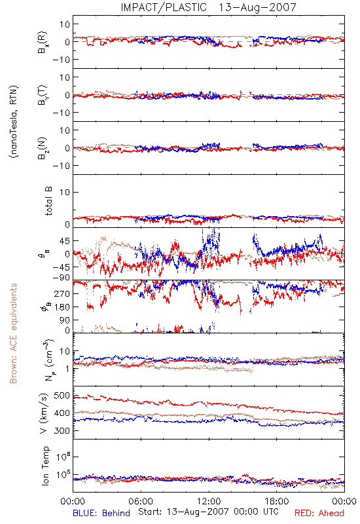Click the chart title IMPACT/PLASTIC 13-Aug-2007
click(208, 7)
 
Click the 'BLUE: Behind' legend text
click(101, 513)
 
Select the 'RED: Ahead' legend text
click(319, 513)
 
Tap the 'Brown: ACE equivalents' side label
click(13, 333)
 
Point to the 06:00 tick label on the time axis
click(141, 501)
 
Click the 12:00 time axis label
click(209, 501)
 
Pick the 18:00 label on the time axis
click(277, 501)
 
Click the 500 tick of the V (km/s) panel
click(62, 396)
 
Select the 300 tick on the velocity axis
click(62, 430)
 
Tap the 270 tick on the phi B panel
click(62, 293)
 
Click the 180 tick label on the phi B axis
click(62, 307)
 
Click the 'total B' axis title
click(48, 201)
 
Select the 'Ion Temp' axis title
click(46, 466)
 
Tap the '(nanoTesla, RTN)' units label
click(14, 122)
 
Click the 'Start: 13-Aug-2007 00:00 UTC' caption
click(208, 512)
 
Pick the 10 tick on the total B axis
click(64, 192)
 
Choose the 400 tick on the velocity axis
click(62, 413)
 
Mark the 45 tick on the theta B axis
click(64, 240)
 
